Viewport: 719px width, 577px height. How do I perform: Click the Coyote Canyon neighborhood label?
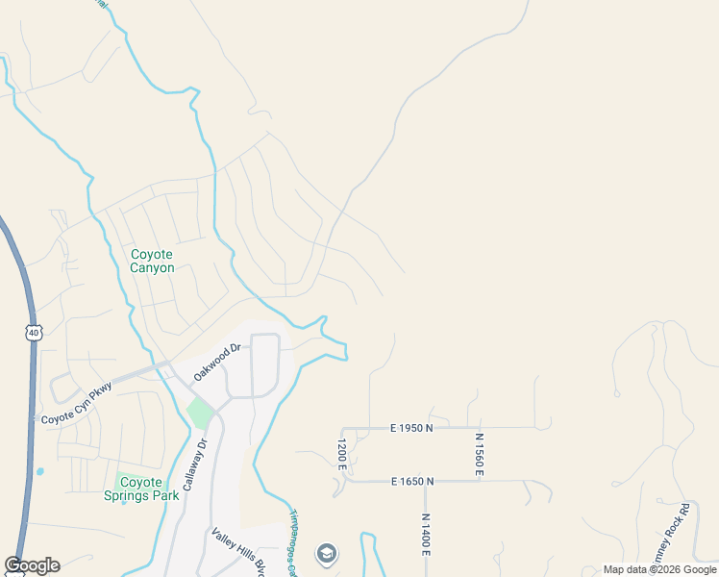tap(152, 261)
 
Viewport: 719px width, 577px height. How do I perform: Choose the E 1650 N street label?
tap(412, 481)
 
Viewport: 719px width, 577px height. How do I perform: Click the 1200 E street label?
tap(341, 454)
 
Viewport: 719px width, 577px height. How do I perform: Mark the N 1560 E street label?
tap(479, 454)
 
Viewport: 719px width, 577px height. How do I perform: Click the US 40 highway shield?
tap(34, 332)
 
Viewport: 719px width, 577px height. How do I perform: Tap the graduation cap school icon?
tap(327, 554)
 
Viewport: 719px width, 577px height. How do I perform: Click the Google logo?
tap(32, 565)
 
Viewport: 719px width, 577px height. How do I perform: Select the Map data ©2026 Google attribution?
tap(660, 569)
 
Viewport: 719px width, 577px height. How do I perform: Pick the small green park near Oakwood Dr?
tap(200, 414)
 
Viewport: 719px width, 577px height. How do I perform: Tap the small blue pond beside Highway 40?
tap(39, 472)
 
